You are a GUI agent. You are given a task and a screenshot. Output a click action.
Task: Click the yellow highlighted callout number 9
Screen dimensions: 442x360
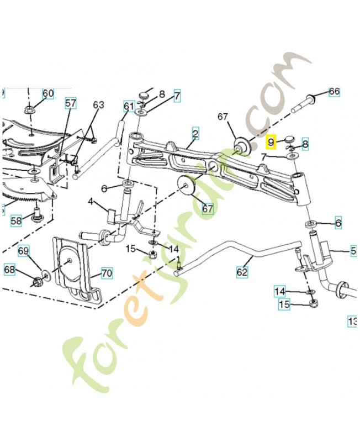[271, 142]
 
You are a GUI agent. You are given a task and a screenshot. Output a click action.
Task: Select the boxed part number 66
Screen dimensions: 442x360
[334, 92]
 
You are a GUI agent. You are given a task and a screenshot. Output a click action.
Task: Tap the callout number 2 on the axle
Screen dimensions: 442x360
[195, 133]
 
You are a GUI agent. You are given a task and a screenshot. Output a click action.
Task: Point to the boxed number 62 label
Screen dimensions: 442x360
[242, 272]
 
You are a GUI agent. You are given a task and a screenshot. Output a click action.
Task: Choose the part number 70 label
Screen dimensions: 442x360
[105, 273]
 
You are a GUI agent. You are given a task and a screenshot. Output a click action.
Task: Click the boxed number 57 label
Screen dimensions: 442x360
[71, 102]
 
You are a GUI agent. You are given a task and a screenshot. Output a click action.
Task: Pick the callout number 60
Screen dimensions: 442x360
[48, 93]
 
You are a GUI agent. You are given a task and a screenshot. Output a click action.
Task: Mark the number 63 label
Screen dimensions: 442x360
[98, 104]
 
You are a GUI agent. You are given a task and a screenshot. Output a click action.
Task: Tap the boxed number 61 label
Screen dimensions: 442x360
[129, 106]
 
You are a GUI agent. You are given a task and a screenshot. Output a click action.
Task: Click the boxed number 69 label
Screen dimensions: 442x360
[23, 251]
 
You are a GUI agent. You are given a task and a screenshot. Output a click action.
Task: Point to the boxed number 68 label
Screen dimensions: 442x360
[10, 270]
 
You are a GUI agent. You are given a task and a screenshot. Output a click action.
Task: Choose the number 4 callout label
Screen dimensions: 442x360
[91, 202]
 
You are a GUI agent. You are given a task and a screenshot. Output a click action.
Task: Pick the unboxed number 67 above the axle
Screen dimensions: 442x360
[223, 117]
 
